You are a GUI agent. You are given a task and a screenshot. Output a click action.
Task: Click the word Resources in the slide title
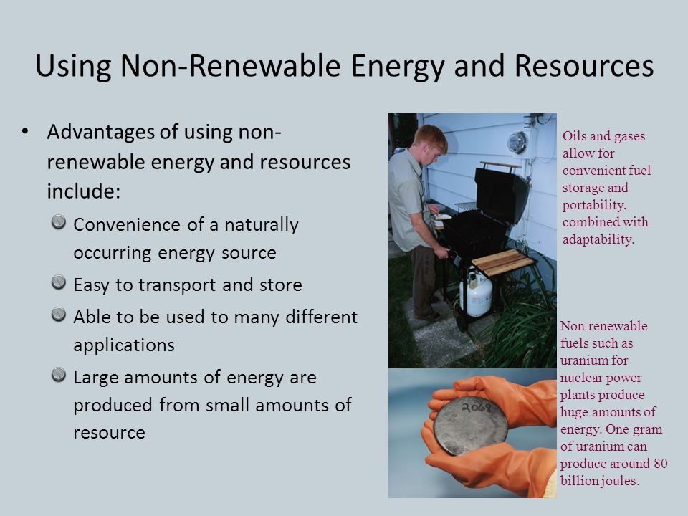tap(584, 66)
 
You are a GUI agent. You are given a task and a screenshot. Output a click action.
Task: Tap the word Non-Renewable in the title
tap(230, 66)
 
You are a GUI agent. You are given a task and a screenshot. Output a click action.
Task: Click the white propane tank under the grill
tap(476, 292)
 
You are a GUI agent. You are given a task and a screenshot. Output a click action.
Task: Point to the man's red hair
tap(431, 137)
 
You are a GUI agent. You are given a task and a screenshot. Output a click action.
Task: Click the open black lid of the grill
tap(502, 194)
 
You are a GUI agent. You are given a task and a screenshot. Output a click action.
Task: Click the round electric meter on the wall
tap(517, 143)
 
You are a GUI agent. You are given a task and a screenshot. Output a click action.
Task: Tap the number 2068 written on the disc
tap(477, 408)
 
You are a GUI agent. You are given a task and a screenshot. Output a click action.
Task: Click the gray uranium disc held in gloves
tap(470, 425)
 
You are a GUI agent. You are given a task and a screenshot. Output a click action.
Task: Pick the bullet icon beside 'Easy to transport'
tap(58, 282)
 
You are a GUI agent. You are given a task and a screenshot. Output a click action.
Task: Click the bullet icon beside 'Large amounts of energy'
tap(58, 375)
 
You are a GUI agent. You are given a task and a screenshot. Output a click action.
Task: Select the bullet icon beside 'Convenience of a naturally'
tap(58, 222)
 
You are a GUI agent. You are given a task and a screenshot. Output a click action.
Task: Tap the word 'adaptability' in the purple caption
tap(598, 239)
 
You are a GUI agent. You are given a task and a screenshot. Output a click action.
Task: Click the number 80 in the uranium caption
tap(660, 464)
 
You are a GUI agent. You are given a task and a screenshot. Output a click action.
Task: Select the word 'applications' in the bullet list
tap(124, 345)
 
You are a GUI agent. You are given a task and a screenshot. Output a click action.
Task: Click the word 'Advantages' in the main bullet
tap(101, 133)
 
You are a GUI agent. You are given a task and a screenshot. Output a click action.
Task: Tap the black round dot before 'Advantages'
tap(25, 131)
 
